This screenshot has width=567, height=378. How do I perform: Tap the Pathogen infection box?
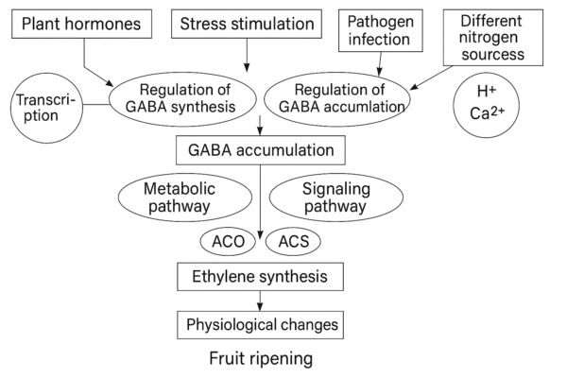click(380, 30)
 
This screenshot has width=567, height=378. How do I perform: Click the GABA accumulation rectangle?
click(259, 150)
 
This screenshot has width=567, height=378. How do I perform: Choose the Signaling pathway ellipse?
click(336, 197)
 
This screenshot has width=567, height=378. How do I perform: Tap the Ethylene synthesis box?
click(259, 277)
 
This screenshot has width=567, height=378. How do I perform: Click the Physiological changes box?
click(259, 326)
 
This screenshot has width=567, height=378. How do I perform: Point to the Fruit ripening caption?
click(259, 360)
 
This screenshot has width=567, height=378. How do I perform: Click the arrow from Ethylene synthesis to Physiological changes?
click(259, 301)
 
